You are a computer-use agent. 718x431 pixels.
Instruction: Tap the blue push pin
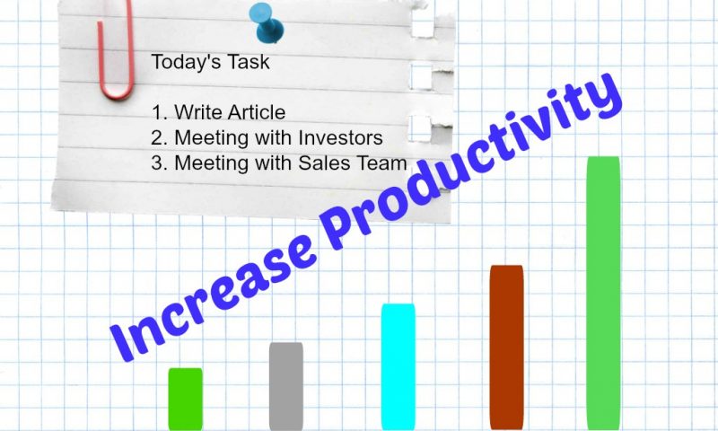point(267,23)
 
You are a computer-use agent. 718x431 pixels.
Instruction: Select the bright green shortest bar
point(186,399)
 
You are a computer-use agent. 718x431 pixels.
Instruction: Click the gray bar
point(286,386)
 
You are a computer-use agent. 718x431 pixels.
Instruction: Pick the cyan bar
point(398,367)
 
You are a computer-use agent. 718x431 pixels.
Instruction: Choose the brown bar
point(506,347)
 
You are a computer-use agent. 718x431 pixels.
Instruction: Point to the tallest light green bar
point(603,293)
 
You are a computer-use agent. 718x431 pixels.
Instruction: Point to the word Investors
point(341,137)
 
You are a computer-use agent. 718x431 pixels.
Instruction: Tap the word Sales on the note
point(325,163)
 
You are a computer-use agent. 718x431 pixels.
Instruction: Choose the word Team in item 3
point(382,163)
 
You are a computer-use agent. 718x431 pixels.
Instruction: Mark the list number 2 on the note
point(157,138)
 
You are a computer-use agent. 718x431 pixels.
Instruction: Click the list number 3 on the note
point(157,163)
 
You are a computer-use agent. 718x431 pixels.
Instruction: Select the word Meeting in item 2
point(212,138)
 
